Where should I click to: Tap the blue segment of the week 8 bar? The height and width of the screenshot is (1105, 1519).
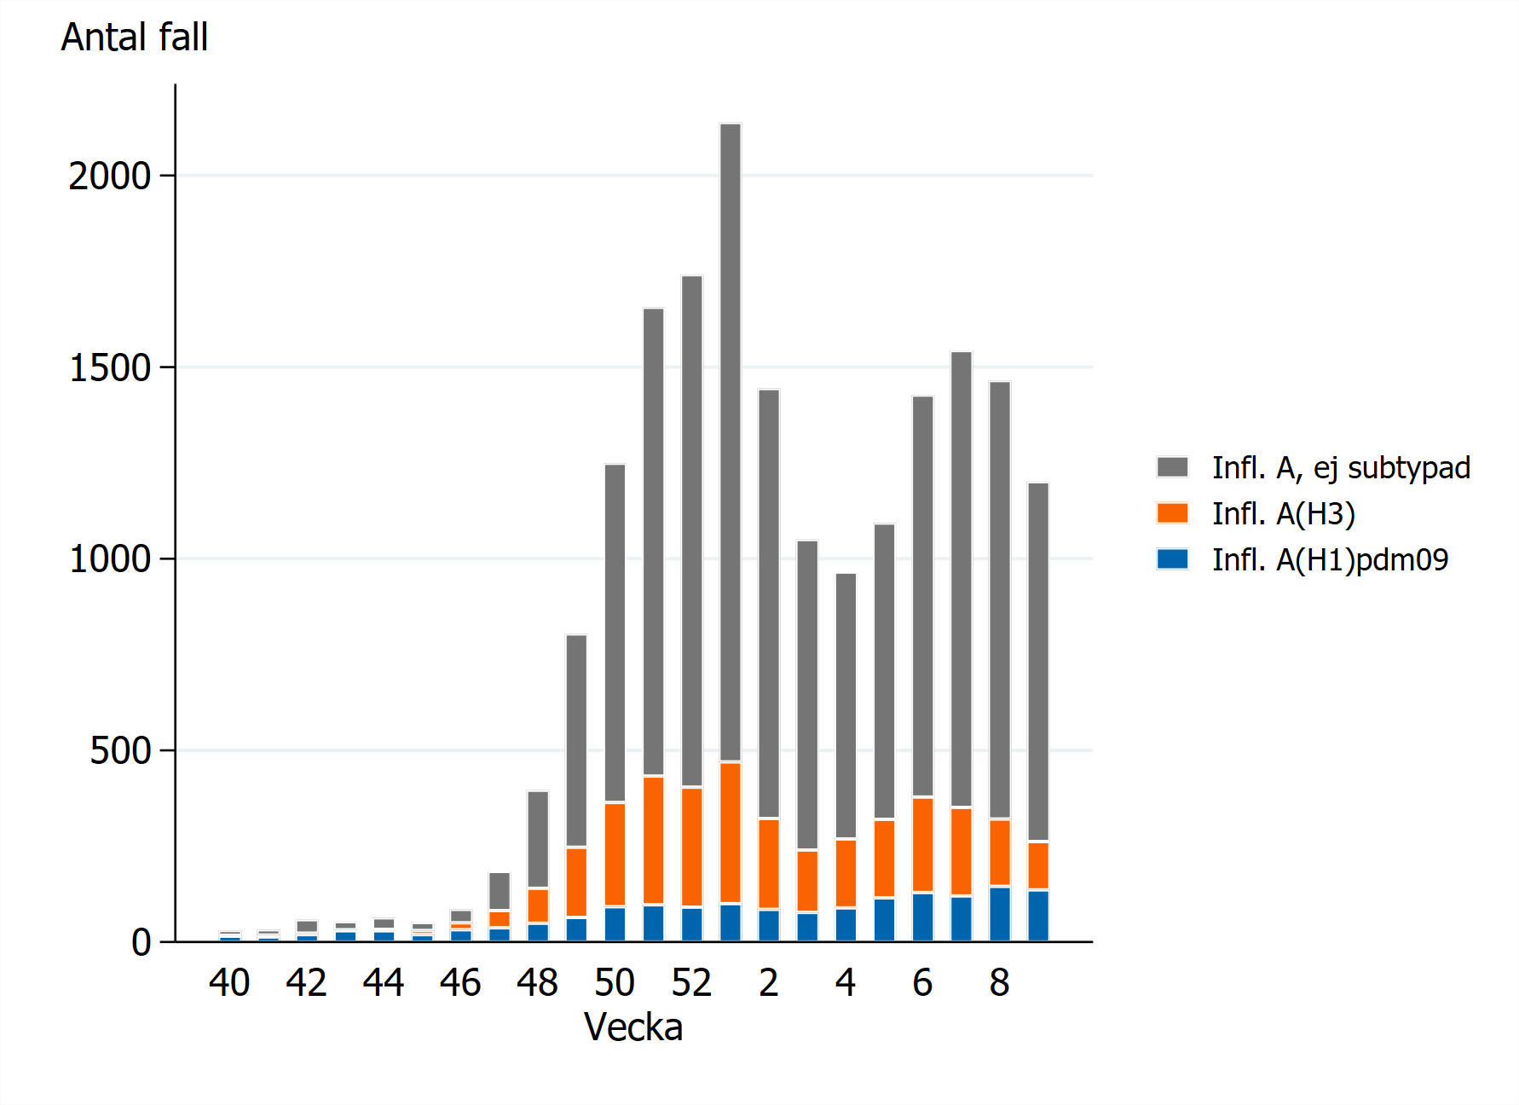1000,914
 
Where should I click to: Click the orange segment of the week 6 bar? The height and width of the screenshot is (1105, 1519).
922,845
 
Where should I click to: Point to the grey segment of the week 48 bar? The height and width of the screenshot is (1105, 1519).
538,839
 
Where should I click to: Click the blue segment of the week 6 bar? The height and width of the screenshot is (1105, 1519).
922,917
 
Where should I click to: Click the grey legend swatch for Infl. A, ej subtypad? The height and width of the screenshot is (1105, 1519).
1172,467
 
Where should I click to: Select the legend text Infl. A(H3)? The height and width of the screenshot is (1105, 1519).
1283,513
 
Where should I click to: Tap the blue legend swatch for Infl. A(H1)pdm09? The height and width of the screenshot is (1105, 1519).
1172,559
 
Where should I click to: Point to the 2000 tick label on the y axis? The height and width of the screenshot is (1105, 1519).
109,176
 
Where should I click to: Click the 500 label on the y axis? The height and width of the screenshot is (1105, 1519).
120,751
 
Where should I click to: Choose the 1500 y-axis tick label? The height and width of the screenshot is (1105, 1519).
109,368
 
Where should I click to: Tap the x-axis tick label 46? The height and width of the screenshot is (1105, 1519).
460,983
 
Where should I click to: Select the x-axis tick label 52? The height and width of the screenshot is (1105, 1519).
691,983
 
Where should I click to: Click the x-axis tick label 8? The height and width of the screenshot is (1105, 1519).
1000,983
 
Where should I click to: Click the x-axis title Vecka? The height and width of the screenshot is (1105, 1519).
633,1027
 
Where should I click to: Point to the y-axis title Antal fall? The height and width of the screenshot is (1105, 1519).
135,38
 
